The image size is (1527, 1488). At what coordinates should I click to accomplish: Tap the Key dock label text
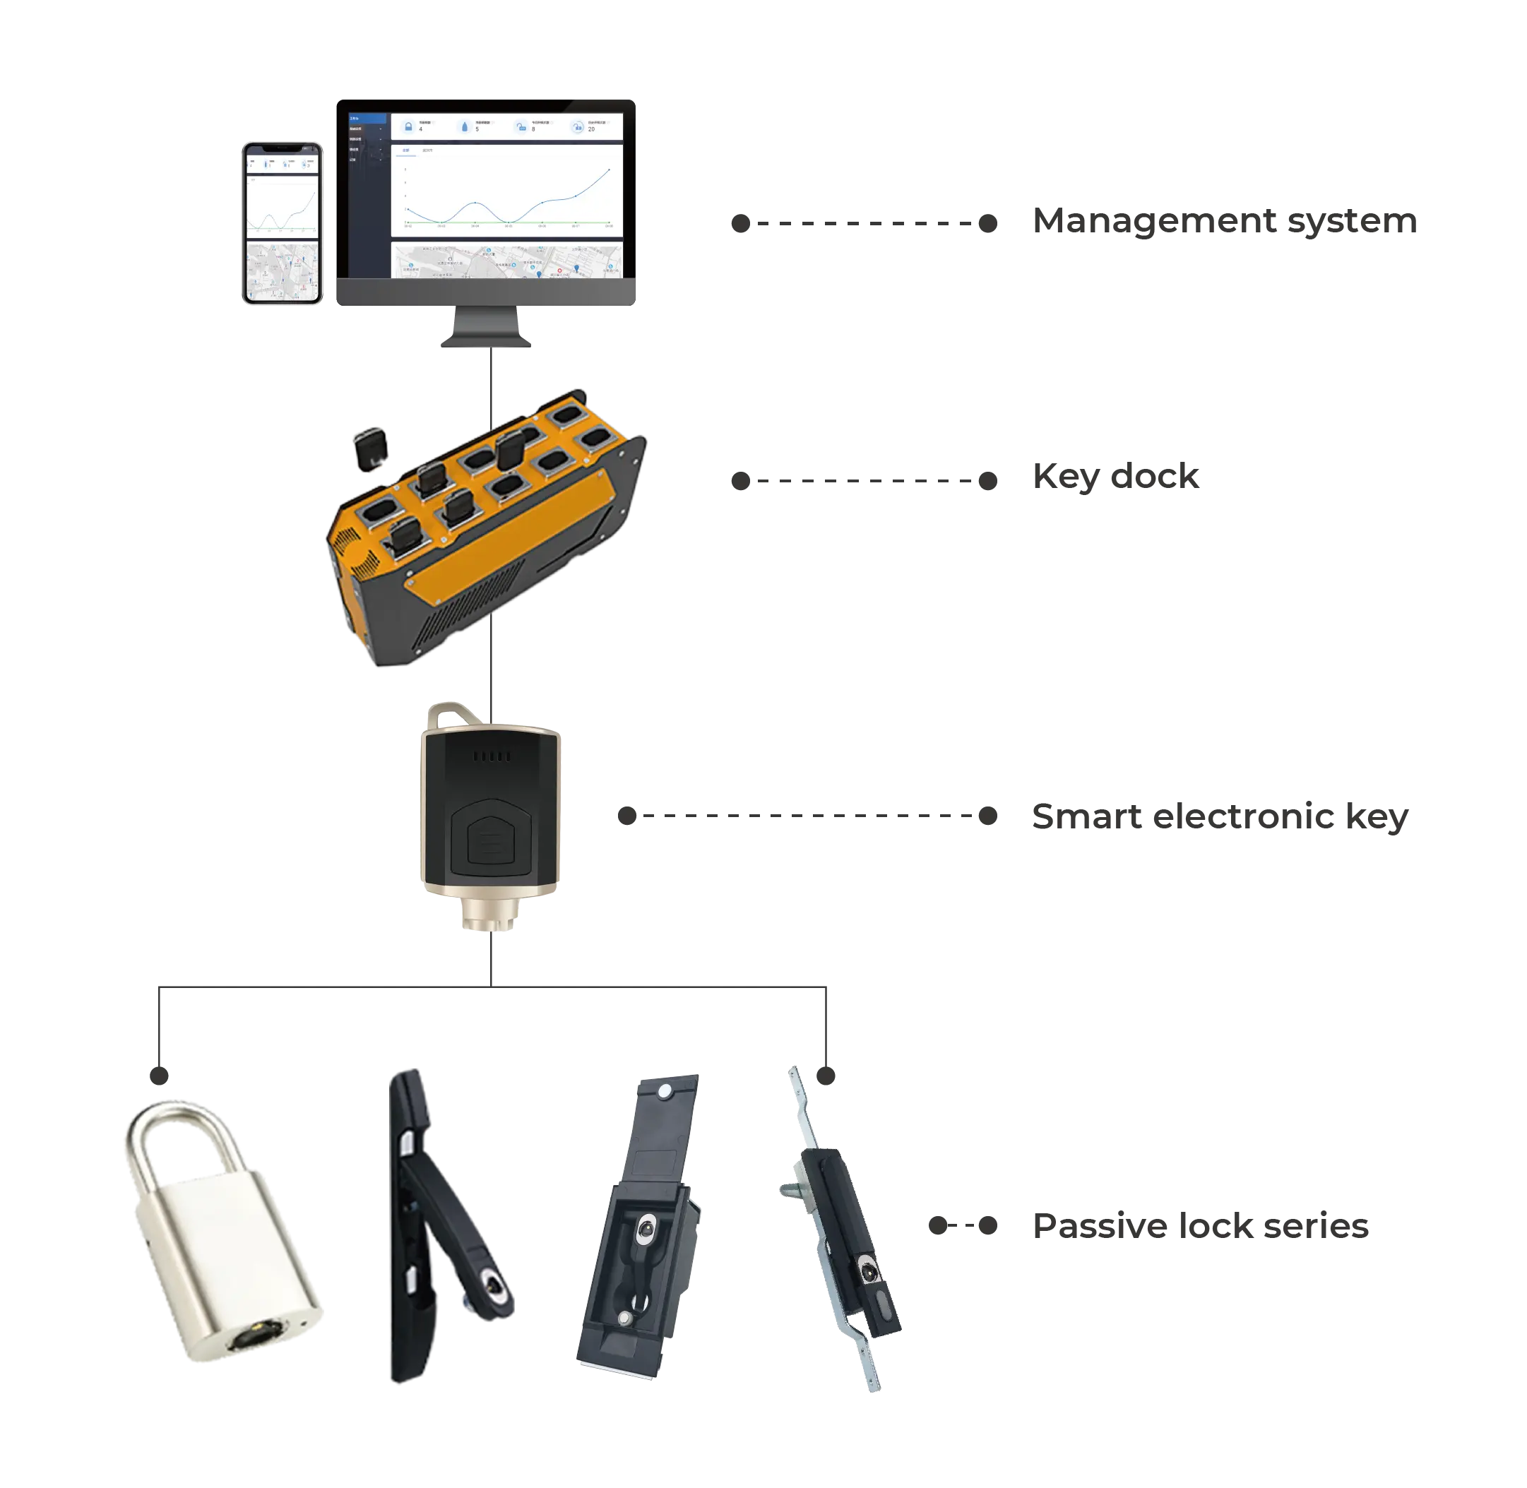pos(1117,477)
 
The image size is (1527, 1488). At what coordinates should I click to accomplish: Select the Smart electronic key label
pos(1219,816)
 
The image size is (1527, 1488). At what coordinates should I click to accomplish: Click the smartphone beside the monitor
pos(281,223)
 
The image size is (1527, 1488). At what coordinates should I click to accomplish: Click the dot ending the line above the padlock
pos(159,1078)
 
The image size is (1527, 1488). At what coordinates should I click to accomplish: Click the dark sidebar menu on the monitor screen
pos(367,196)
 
